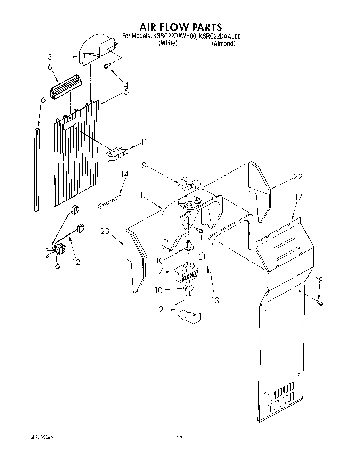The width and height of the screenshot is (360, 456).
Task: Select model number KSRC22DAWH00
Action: pyautogui.click(x=174, y=36)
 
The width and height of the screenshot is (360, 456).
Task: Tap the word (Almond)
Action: pyautogui.click(x=224, y=43)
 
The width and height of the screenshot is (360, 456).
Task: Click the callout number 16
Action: pyautogui.click(x=41, y=100)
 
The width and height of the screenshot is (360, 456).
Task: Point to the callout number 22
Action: pyautogui.click(x=298, y=177)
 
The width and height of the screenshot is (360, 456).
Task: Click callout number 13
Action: pyautogui.click(x=215, y=300)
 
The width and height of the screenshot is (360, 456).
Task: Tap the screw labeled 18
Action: pyautogui.click(x=320, y=303)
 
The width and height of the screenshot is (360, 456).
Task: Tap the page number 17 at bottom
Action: pyautogui.click(x=179, y=439)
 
